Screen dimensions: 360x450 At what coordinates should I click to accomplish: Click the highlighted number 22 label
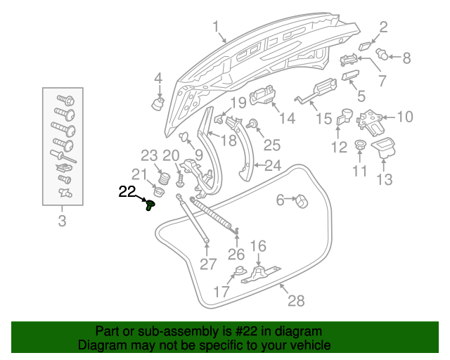(127, 191)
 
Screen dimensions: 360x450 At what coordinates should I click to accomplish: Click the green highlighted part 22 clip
(150, 205)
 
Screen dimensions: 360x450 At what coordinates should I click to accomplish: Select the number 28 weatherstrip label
(296, 301)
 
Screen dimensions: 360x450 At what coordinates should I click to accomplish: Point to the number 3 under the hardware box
(62, 224)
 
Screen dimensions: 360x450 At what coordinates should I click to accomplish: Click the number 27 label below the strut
(207, 264)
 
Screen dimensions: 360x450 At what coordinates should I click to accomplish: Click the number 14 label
(286, 119)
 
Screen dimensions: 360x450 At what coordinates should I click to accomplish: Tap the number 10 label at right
(406, 116)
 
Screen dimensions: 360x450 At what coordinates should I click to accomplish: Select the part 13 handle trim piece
(385, 147)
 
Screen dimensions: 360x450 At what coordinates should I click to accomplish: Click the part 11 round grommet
(359, 146)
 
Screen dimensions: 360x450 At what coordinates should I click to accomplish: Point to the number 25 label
(271, 145)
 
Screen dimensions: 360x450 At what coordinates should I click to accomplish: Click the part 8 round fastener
(383, 53)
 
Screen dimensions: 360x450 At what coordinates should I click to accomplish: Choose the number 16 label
(258, 246)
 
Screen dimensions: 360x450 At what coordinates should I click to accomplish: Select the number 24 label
(271, 166)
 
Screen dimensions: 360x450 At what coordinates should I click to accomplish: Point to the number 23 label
(149, 155)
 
